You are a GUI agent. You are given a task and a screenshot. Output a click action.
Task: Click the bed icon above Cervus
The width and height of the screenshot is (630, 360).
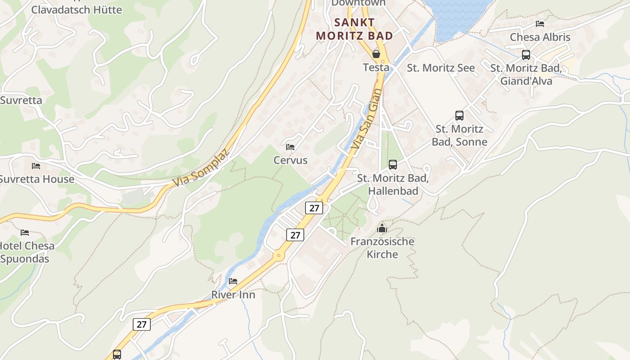click(x=290, y=147)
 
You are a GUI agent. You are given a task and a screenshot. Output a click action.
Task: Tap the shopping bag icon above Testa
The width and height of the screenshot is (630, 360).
click(x=376, y=54)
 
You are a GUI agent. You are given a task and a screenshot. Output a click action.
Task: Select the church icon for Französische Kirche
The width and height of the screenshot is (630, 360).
click(x=382, y=228)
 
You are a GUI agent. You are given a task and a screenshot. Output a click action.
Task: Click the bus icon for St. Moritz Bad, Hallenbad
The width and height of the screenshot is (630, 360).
click(x=393, y=165)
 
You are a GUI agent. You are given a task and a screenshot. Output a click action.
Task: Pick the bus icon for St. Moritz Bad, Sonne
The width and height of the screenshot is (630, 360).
click(x=459, y=116)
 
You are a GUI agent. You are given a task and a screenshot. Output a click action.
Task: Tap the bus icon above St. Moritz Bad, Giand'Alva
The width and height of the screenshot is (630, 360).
click(x=526, y=55)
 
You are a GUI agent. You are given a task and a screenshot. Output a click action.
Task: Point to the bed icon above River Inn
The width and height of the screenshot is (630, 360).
click(x=233, y=281)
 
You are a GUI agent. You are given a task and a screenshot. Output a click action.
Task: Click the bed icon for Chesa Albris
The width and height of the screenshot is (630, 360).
click(x=540, y=23)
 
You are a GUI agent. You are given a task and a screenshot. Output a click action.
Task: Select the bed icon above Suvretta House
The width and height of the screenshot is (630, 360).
click(x=36, y=166)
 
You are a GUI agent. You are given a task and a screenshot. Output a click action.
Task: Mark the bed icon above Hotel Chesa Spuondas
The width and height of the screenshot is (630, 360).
click(x=25, y=232)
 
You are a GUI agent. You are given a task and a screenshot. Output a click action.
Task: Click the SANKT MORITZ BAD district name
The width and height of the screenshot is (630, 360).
click(x=354, y=29)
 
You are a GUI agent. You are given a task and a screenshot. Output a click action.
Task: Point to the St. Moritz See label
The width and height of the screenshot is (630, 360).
click(x=441, y=68)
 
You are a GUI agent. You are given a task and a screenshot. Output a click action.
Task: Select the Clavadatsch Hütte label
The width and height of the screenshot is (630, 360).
click(x=76, y=9)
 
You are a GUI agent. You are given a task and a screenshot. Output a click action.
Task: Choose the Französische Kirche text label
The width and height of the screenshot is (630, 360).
click(x=382, y=247)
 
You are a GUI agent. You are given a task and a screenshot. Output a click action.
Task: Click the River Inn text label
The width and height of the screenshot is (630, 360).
click(x=233, y=295)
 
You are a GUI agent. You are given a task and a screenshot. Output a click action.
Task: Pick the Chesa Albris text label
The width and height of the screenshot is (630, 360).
click(x=540, y=37)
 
